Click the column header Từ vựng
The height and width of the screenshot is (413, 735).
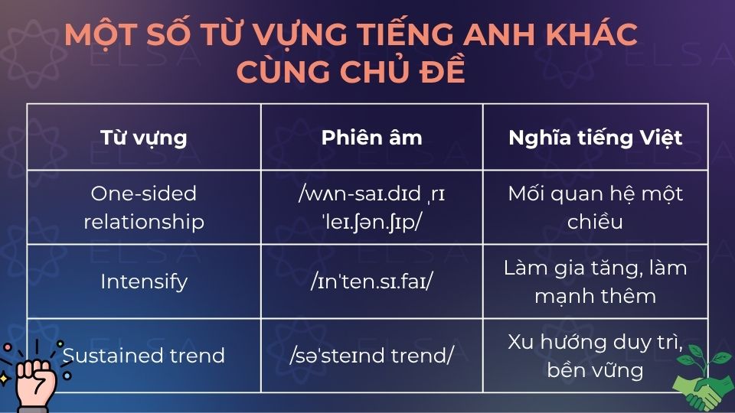[144, 138]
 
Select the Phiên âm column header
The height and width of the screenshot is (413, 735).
[371, 138]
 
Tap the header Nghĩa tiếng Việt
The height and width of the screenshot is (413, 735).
[595, 138]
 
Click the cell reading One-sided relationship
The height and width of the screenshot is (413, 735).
[144, 207]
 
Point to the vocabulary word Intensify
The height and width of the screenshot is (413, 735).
[144, 281]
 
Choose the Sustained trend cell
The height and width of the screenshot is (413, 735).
[144, 356]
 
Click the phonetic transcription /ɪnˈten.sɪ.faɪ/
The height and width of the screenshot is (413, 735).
[371, 282]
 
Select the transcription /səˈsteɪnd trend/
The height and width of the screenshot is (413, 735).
[371, 356]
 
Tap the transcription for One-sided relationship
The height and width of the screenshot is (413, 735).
[371, 207]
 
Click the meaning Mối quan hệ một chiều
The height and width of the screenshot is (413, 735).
[595, 207]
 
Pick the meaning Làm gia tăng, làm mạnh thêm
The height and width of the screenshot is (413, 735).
[595, 281]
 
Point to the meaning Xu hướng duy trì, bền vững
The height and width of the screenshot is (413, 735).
[595, 356]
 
